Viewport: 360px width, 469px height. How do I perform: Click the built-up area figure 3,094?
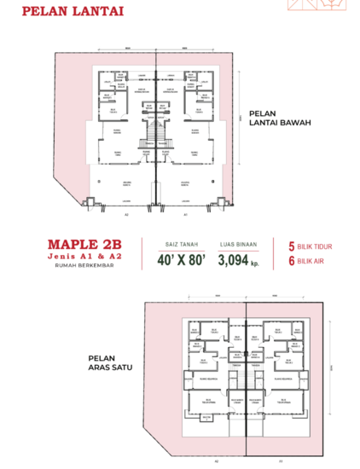point(234,259)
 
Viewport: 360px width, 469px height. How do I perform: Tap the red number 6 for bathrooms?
point(292,262)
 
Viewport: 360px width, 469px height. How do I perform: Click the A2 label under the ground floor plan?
point(126,215)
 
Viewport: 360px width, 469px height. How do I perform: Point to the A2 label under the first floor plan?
point(217,461)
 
